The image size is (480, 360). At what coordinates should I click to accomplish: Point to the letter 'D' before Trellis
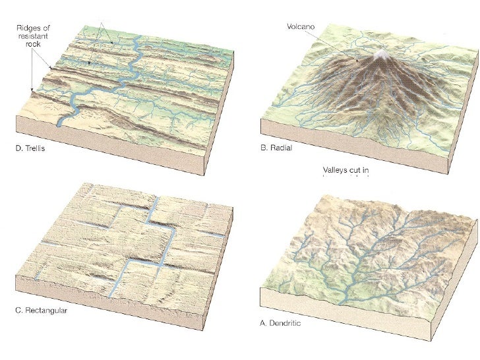point(18,148)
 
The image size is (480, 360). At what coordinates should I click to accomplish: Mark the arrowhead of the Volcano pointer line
point(359,62)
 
